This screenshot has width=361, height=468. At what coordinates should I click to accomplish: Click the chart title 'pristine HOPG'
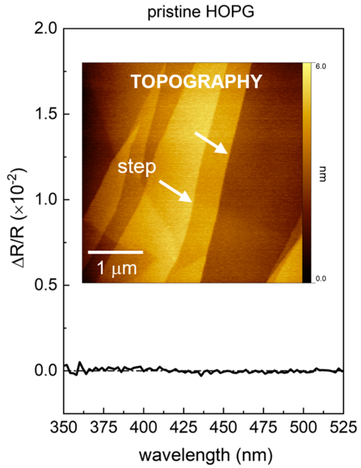coord(201,12)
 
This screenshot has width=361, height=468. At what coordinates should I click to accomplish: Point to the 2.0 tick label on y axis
coord(46,28)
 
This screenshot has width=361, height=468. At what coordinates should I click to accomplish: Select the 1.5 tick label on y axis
coord(46,114)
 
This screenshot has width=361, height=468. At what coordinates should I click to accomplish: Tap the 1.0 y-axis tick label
coord(46,200)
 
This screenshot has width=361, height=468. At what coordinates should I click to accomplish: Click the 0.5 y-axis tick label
coord(46,285)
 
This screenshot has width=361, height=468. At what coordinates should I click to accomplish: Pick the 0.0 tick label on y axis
coord(46,371)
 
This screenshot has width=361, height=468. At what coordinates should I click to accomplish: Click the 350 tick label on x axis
coord(64,427)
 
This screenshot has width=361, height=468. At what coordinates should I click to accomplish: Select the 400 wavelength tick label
coord(143,427)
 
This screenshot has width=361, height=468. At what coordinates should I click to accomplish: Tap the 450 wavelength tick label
coord(223,427)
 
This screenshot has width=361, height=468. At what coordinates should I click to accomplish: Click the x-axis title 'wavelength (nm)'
coord(206,455)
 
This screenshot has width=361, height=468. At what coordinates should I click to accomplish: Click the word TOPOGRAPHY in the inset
coord(197,82)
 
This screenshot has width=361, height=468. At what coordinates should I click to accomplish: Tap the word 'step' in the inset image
coord(137,167)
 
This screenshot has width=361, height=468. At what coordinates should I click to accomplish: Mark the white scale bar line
coord(116,252)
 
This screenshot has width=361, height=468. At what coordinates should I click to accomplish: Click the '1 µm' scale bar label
coord(117,268)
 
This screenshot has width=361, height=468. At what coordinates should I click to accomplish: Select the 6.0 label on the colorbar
coord(320,66)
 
